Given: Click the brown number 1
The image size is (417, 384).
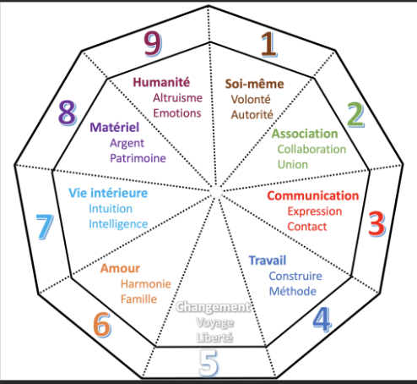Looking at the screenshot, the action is [x=268, y=44].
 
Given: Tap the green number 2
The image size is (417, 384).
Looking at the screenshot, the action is [x=355, y=114].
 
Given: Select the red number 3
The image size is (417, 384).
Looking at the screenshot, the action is [x=376, y=223].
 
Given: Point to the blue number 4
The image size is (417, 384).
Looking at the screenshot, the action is [x=322, y=320].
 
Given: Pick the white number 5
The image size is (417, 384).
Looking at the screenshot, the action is [x=208, y=363].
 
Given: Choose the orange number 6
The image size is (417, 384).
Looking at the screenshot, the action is [x=102, y=325].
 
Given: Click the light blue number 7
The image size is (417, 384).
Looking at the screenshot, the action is [x=45, y=227].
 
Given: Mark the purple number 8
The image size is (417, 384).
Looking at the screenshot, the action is [x=68, y=113].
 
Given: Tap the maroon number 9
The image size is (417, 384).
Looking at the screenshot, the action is [x=153, y=43].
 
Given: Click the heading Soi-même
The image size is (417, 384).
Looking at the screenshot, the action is [x=254, y=84].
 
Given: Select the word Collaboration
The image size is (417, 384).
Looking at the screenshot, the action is [x=311, y=149].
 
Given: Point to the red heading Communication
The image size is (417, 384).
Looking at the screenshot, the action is [x=313, y=195].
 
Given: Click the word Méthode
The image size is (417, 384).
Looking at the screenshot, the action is [x=293, y=291].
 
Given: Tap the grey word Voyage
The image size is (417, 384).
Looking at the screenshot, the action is [x=215, y=323].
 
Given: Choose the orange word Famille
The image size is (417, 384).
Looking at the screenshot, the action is [x=138, y=299].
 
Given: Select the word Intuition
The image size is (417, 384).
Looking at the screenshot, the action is [x=111, y=209].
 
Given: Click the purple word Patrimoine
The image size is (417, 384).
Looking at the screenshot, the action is [x=138, y=158].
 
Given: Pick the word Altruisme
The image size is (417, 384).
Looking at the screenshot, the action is [x=178, y=98].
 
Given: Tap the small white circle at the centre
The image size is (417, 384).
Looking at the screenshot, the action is [x=216, y=192].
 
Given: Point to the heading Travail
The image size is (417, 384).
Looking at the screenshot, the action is [x=268, y=261].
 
